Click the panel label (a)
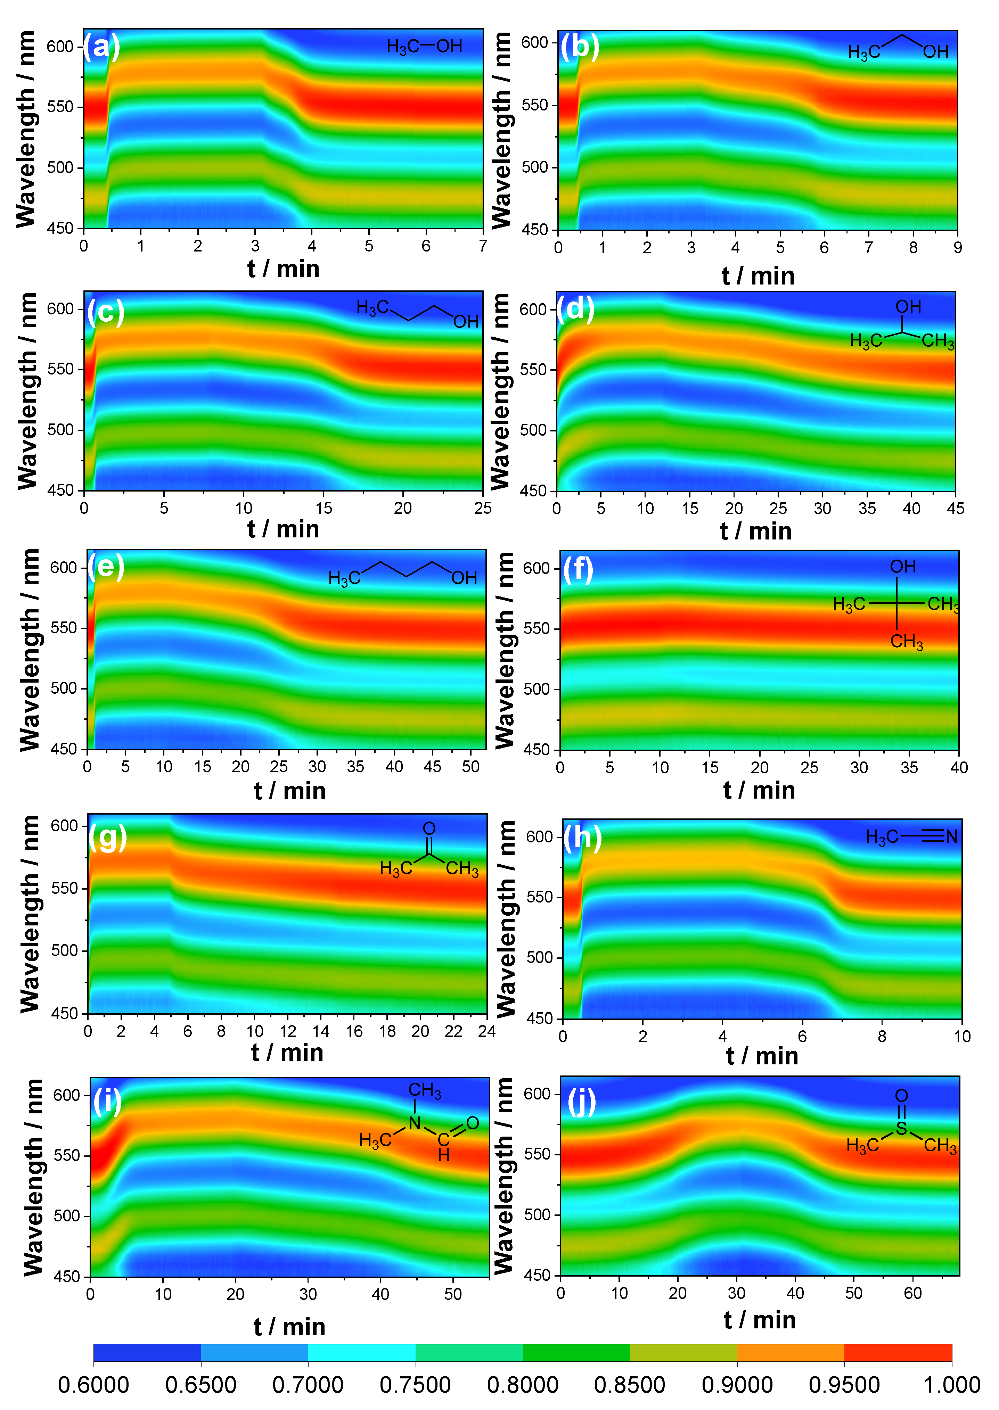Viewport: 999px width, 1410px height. click(101, 47)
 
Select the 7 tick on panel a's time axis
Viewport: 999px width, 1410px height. click(483, 246)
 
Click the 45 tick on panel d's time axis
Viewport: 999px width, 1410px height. click(955, 509)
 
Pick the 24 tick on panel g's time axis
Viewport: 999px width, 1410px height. click(486, 1031)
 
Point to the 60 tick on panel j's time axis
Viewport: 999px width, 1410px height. click(912, 1293)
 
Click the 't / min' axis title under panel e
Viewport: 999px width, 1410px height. click(289, 791)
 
